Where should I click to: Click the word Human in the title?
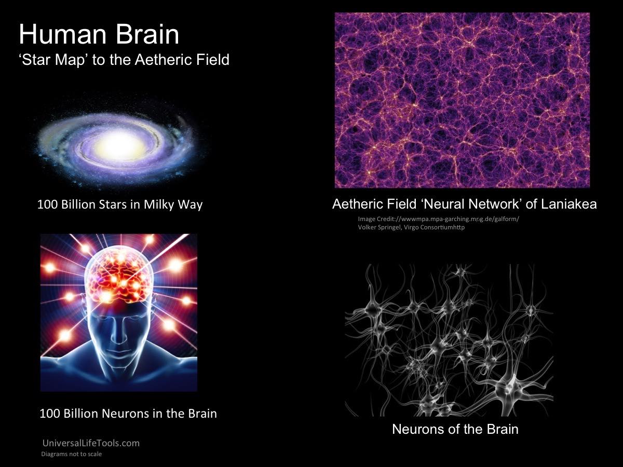coord(62,34)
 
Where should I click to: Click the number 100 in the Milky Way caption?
coord(47,204)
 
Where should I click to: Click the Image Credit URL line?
coord(439,219)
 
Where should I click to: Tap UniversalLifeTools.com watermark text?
coord(91,443)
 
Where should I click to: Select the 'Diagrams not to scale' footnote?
coord(72,454)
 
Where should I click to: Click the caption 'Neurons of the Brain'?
coord(455,429)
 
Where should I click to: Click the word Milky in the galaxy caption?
coord(159,204)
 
